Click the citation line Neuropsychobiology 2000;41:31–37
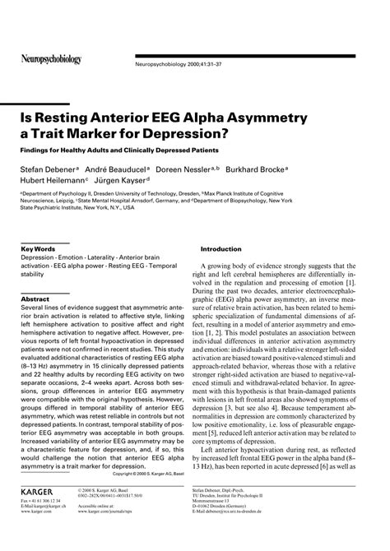tap(179, 64)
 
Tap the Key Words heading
tap(38, 248)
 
